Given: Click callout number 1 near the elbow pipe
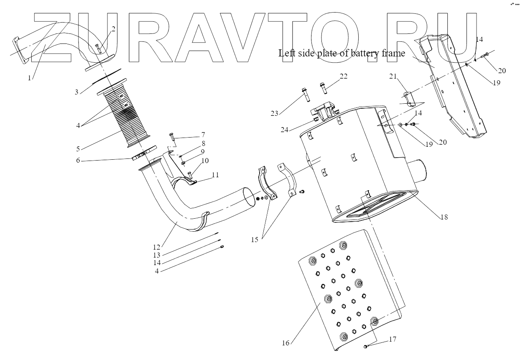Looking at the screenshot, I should coord(30,78).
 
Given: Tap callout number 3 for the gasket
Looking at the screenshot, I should coord(77,92).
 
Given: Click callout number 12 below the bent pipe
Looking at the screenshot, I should coord(156,247).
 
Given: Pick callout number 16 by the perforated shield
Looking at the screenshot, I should coord(285,343).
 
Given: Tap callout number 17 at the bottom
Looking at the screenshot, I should coord(392,340).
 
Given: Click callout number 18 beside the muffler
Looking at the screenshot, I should coord(444,217).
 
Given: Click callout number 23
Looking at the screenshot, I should coord(274,113).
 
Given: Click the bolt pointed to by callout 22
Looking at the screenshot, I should coord(323,87).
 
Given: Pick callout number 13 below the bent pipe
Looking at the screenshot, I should coord(156,255).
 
